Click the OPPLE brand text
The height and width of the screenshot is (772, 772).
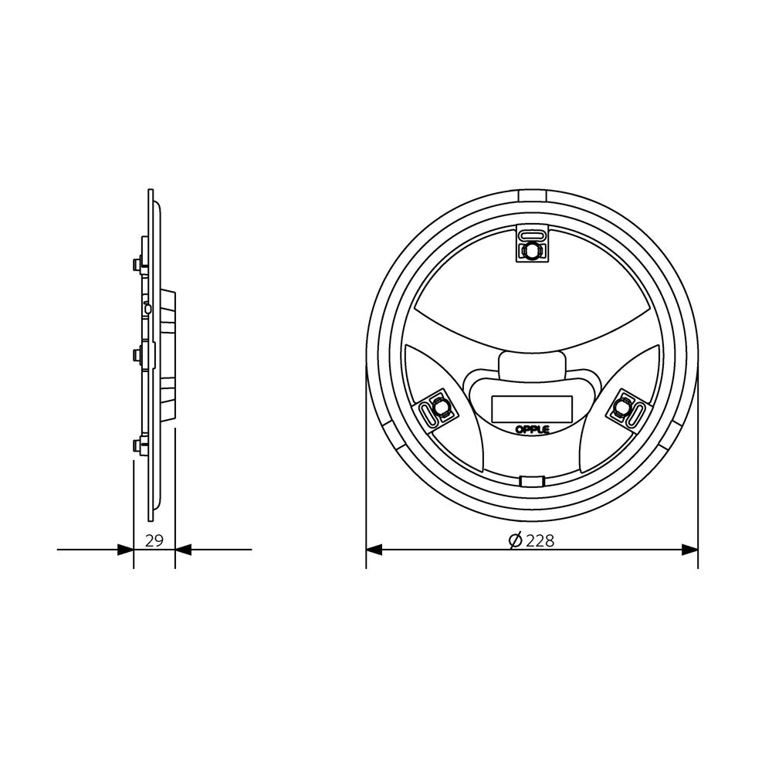point(532,428)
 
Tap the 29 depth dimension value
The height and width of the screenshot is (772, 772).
point(154,540)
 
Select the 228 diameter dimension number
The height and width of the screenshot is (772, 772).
point(540,541)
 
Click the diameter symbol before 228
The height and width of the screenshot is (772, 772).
point(516,541)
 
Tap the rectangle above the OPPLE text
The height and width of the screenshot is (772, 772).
point(532,408)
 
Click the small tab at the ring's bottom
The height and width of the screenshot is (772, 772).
point(531,482)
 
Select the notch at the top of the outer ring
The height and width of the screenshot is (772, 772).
point(532,195)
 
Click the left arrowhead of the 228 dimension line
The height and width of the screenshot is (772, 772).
point(374,550)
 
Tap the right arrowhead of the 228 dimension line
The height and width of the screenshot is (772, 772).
point(689,550)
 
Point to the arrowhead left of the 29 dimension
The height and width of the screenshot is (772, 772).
point(125,550)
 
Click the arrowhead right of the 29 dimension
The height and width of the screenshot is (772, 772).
point(184,550)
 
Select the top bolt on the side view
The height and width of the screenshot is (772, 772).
point(137,265)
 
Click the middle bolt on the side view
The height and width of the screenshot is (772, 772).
point(137,355)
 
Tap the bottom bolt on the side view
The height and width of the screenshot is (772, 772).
point(137,445)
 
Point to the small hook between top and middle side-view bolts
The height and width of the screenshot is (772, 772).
point(147,309)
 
